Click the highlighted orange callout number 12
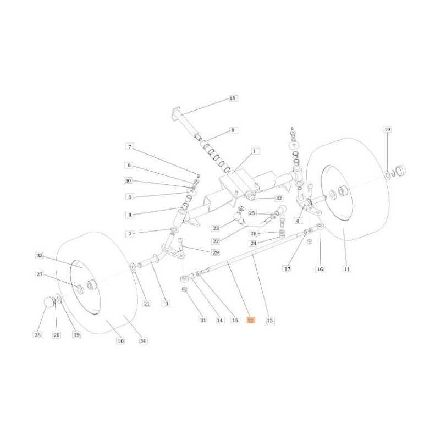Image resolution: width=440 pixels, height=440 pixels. [251, 320]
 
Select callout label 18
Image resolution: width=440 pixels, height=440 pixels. [233, 98]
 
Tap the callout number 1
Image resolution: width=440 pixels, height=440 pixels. [254, 151]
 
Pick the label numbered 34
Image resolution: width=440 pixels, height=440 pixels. [143, 340]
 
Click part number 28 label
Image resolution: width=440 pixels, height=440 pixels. [37, 335]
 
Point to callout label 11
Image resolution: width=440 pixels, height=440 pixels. [347, 269]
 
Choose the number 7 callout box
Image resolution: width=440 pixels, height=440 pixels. [130, 147]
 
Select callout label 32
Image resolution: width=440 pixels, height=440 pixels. [279, 198]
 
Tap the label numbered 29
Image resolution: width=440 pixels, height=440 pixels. [216, 252]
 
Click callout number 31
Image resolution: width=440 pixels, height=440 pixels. [202, 320]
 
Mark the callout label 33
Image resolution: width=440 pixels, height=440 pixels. [40, 255]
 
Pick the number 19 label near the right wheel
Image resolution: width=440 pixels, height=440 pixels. [387, 129]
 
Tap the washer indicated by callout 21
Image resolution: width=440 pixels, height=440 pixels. [133, 267]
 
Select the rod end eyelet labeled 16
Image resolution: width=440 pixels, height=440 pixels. [320, 226]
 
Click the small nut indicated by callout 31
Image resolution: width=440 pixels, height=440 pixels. [184, 289]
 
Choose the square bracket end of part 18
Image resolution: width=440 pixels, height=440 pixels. [175, 112]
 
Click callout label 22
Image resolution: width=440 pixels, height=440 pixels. [216, 241]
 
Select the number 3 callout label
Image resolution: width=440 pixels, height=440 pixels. [167, 304]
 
